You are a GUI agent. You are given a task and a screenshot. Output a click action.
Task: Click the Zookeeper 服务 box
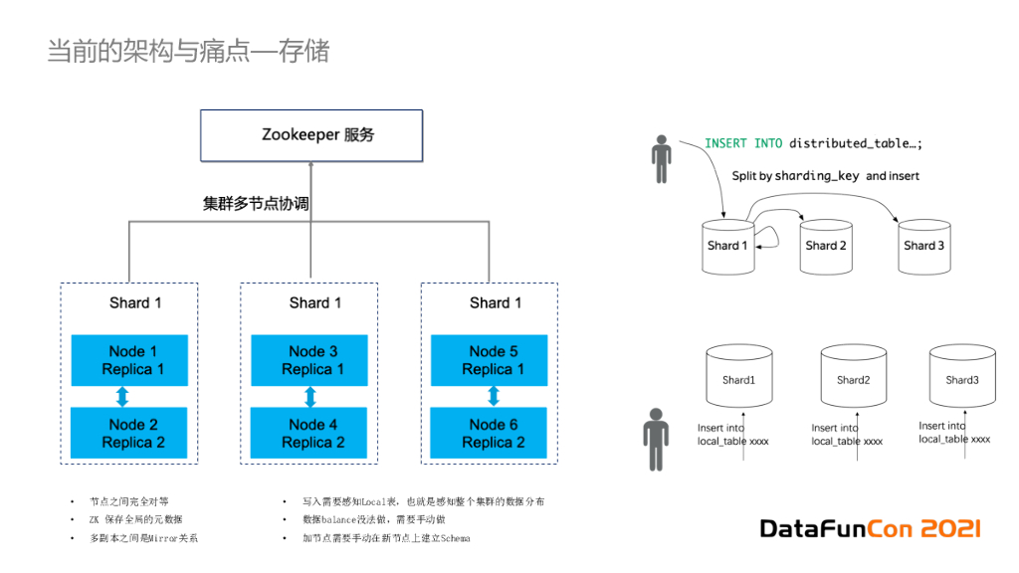coord(311,135)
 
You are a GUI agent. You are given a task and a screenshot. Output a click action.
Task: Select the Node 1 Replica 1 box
coord(133,360)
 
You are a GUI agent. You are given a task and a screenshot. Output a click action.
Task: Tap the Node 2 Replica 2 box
coord(133,433)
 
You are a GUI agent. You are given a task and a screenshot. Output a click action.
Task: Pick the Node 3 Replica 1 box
coord(312,360)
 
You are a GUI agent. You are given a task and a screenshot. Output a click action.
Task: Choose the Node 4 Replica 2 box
coord(312,433)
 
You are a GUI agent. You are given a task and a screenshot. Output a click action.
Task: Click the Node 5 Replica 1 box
coord(493,360)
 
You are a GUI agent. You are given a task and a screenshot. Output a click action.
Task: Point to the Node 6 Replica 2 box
coord(493,433)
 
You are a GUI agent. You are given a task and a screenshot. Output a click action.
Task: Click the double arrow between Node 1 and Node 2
coord(123,397)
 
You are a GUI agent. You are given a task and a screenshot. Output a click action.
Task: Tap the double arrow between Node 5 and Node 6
coord(494,397)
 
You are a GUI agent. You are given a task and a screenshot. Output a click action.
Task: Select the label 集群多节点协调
coord(256,203)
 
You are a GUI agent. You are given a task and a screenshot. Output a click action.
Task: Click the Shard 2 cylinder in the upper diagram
coord(826,246)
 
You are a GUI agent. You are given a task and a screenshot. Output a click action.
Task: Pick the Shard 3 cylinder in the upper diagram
coord(923,246)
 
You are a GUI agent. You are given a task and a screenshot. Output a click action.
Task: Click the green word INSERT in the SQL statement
coord(725,143)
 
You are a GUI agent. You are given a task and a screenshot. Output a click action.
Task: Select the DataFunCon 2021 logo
coord(871,528)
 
